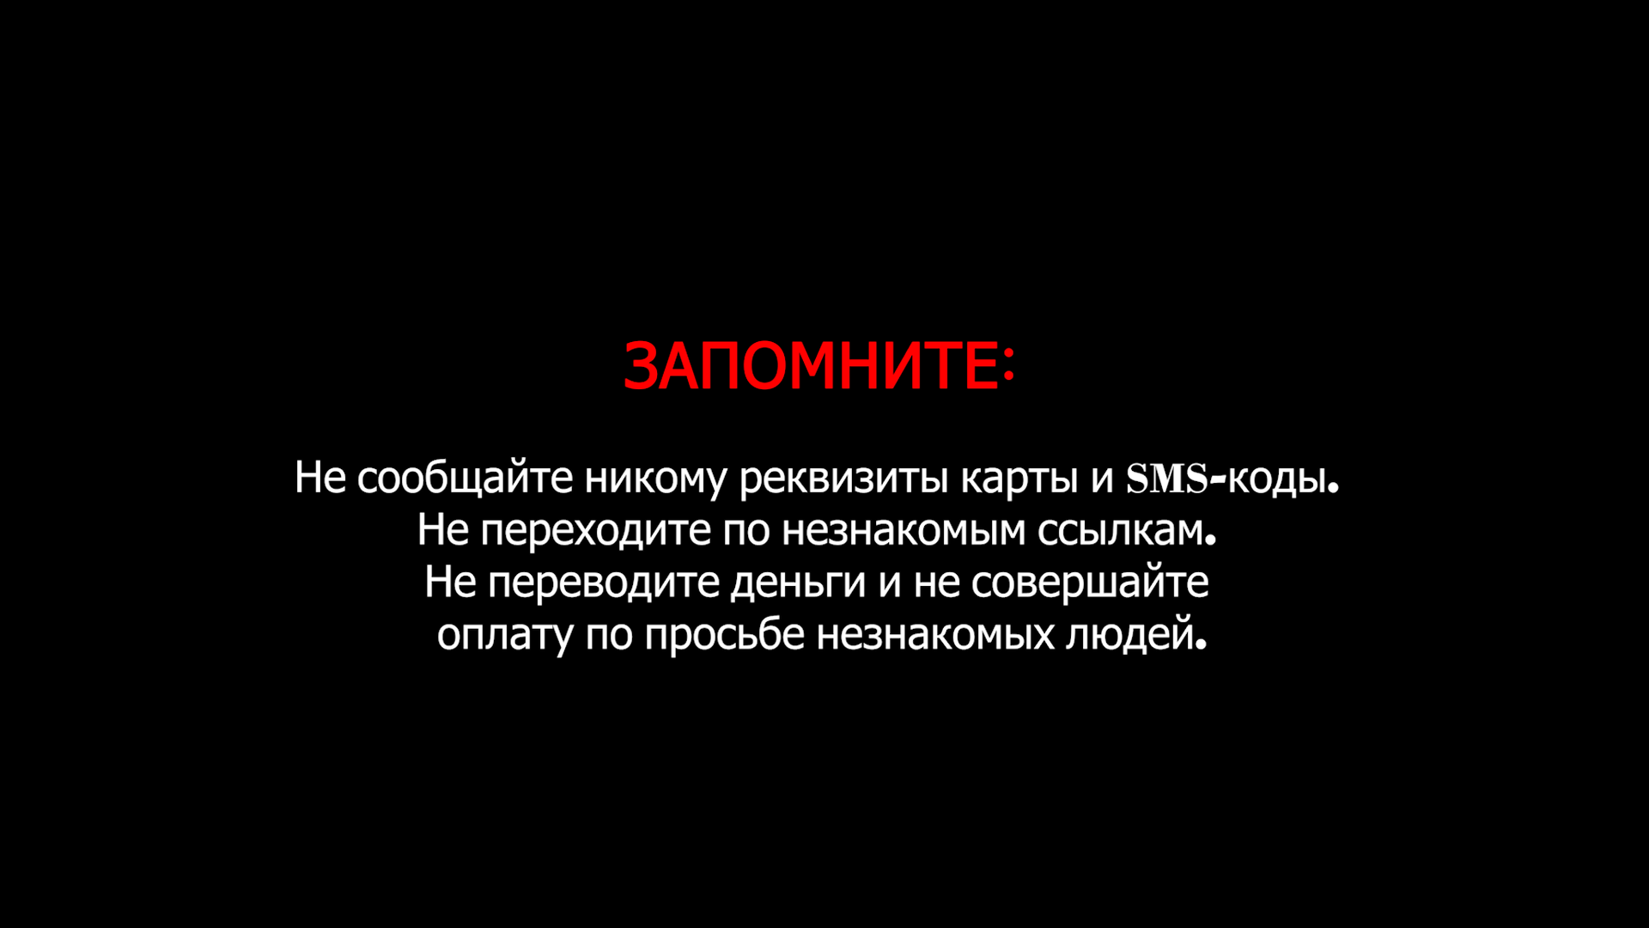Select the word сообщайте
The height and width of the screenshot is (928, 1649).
click(465, 479)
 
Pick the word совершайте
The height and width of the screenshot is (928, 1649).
click(1090, 583)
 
